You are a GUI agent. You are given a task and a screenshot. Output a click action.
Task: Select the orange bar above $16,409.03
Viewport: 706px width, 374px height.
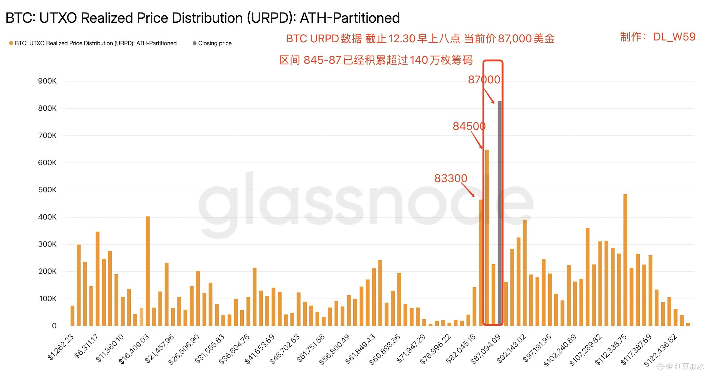coord(148,271)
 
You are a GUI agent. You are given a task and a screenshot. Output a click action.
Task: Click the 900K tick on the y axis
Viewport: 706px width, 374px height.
coord(47,81)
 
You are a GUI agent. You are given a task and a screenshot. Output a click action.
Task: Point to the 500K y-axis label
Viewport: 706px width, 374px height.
coord(47,190)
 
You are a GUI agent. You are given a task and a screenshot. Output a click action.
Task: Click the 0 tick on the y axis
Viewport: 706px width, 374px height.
coord(54,326)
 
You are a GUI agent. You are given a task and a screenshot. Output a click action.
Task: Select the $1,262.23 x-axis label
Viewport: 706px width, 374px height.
coord(61,347)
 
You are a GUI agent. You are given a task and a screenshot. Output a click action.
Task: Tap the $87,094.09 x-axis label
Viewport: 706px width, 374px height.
coord(486,349)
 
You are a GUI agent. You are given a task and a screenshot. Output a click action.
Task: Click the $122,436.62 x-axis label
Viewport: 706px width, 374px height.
coord(660,350)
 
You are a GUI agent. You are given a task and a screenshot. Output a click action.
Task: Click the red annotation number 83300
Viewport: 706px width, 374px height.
coord(451,178)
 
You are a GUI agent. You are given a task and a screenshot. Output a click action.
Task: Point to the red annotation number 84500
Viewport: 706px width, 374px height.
coord(469,126)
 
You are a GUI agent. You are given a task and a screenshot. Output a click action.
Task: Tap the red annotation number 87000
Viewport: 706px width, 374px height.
coord(484,80)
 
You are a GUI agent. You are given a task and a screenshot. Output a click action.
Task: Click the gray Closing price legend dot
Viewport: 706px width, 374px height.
coord(195,43)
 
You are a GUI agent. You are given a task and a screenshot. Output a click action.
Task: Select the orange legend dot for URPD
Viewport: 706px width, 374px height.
coord(11,43)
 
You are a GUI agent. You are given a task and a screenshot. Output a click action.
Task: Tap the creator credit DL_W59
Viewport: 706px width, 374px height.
coord(674,37)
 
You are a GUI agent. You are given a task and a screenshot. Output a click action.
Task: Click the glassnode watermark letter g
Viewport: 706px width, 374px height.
coord(219,205)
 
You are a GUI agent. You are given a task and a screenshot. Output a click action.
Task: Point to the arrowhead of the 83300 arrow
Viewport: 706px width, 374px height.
coord(474,196)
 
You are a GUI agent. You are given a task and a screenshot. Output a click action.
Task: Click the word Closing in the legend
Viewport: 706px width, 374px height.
coord(208,43)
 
